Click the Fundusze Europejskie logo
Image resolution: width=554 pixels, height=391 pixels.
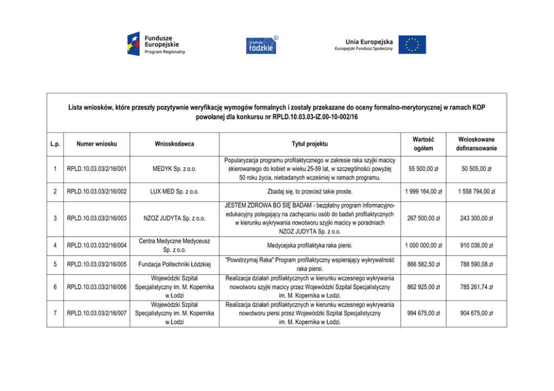(155, 44)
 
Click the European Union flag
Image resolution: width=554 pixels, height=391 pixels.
(412, 45)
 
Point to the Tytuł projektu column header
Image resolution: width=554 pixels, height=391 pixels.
(309, 143)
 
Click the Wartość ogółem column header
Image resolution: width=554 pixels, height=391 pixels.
(423, 143)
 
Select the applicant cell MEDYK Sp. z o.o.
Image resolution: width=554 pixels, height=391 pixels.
(174, 168)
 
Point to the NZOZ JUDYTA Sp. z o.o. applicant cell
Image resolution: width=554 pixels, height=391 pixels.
(174, 218)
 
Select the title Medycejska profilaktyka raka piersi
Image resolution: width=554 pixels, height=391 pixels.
(309, 245)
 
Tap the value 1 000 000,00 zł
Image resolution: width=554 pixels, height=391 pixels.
(423, 245)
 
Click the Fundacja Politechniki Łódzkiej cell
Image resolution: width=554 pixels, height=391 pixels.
(174, 264)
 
